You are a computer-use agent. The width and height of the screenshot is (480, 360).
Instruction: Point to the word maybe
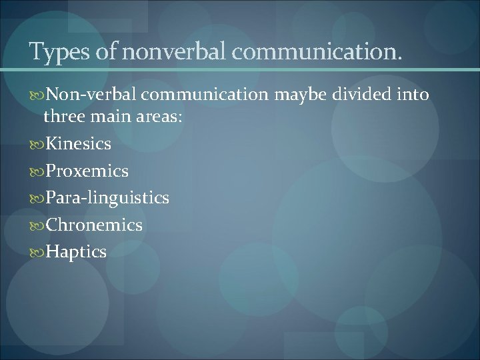click(303, 95)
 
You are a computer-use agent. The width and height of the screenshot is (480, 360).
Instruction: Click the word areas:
click(158, 117)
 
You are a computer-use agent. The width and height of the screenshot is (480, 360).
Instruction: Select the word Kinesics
click(79, 143)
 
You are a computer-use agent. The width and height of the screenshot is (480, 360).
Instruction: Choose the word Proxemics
click(87, 171)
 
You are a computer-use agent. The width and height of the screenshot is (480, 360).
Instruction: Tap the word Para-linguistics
click(107, 198)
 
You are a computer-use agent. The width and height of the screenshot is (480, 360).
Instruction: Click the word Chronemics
click(94, 225)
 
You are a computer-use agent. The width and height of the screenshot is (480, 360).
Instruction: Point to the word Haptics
click(76, 252)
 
